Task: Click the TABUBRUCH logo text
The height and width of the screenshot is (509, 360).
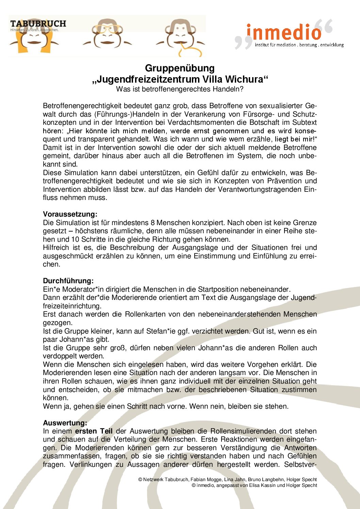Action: coord(38,24)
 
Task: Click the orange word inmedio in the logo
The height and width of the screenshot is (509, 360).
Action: coord(284,32)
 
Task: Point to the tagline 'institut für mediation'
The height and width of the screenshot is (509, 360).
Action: coord(276,45)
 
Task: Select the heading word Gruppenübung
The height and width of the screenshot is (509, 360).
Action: coord(180,68)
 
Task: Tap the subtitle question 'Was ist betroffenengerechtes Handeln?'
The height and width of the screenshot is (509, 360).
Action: coord(180,89)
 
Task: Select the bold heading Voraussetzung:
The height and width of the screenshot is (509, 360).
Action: coord(70,214)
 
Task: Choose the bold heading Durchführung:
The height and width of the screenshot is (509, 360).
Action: coord(68,281)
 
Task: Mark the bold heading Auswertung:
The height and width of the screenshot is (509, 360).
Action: coord(65,423)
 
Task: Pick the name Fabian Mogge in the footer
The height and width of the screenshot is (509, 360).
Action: coord(206,479)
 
